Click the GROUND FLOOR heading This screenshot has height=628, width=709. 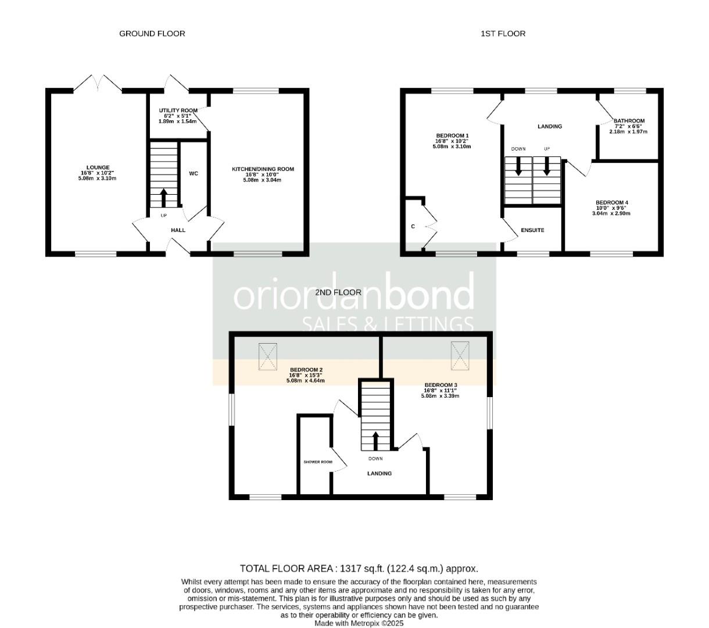tap(152, 34)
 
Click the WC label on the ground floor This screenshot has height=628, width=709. tap(194, 173)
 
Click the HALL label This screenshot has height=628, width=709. tap(178, 230)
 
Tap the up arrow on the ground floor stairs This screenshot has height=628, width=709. tap(163, 198)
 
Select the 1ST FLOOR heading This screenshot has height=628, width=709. tap(503, 34)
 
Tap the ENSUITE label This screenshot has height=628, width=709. tap(532, 230)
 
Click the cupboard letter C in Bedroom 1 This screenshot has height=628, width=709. tap(413, 227)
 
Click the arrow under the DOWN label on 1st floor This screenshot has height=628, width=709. tap(518, 167)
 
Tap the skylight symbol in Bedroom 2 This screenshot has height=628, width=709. tap(268, 356)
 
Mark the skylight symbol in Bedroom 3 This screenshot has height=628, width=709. tap(460, 355)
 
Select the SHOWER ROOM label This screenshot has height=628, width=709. tap(318, 462)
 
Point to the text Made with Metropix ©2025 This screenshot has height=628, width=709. tap(359, 623)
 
